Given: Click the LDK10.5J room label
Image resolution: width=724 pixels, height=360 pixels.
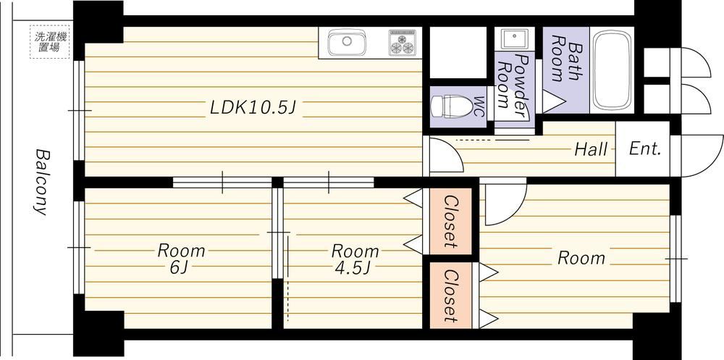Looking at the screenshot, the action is [253, 107].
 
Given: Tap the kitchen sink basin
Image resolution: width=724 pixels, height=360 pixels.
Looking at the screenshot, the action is [347, 41].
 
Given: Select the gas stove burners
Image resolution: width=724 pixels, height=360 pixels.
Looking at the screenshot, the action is [402, 43].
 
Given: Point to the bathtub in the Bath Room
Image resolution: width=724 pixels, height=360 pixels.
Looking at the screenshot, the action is [612, 70].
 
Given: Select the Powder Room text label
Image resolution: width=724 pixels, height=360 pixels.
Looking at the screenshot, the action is [513, 86].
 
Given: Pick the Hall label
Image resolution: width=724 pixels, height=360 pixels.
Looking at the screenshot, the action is [591, 149].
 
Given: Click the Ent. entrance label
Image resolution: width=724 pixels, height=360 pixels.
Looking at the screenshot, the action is [645, 149].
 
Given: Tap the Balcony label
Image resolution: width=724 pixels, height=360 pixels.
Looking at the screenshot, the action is [41, 182].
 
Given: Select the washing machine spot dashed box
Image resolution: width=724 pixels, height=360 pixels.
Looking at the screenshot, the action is [50, 42].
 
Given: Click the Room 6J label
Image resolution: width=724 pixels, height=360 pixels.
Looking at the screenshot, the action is [181, 259].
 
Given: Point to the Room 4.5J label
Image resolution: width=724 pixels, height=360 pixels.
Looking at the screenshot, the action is [354, 259].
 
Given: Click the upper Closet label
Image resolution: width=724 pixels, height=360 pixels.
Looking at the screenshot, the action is [450, 222].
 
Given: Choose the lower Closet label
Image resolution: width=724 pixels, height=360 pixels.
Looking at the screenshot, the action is [450, 296].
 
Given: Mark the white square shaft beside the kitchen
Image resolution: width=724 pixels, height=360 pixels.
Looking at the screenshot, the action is [458, 52].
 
